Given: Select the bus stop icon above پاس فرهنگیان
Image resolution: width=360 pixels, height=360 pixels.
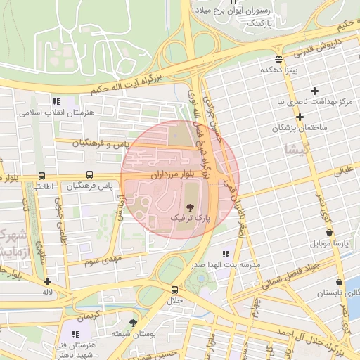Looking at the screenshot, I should coord(89,175).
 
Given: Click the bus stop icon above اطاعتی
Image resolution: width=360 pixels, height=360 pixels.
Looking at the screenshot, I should coord(41,176).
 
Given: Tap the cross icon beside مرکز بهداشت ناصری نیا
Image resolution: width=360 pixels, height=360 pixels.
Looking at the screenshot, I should coord(314,90).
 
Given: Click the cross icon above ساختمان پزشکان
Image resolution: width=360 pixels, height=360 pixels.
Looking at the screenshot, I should coord(300,116).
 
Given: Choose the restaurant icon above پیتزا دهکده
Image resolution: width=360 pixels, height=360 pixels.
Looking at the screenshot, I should coord(278,59).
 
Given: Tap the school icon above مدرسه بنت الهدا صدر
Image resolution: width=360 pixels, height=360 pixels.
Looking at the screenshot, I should coord(225,254).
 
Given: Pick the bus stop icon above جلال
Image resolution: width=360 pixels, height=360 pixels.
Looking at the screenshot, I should coord(174,290).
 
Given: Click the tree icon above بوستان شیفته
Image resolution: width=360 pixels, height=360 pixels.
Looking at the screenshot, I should coord(133,323).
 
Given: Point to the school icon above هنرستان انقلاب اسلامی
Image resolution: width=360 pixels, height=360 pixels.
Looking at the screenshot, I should coord(56,101).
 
